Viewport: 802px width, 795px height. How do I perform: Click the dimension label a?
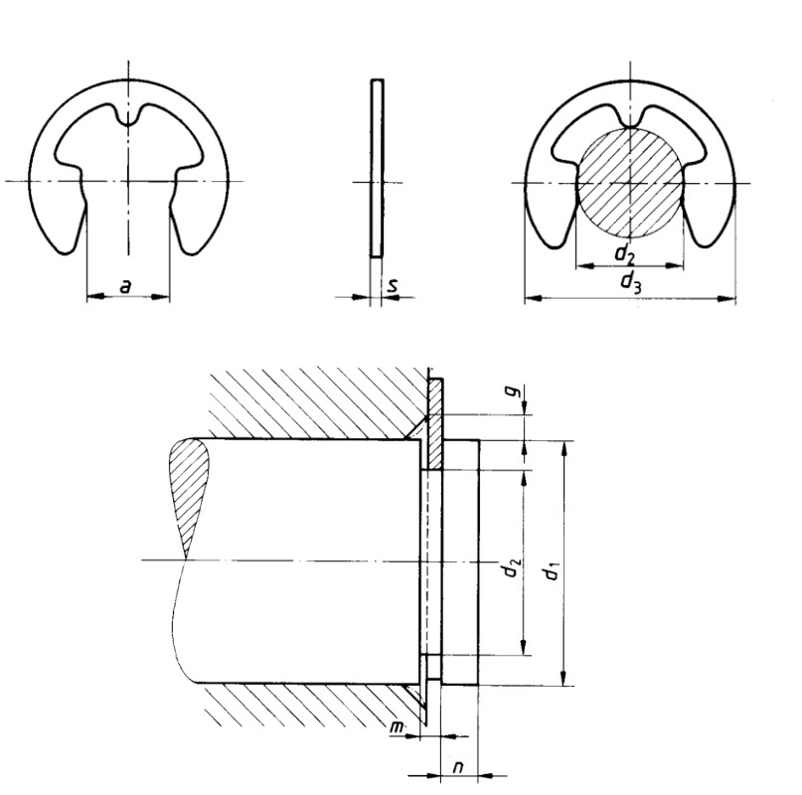click(x=125, y=286)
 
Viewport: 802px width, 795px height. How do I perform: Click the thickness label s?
click(x=392, y=285)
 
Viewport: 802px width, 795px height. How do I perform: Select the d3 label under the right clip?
click(x=630, y=282)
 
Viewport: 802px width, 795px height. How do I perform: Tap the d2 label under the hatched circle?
click(x=624, y=254)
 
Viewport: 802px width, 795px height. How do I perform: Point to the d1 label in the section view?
click(x=551, y=571)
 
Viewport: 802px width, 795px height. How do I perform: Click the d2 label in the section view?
click(x=512, y=567)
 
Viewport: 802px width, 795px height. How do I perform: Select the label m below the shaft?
click(x=398, y=727)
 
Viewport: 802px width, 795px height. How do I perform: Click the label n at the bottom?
click(x=458, y=767)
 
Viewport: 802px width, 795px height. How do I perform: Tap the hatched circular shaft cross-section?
click(x=630, y=183)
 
